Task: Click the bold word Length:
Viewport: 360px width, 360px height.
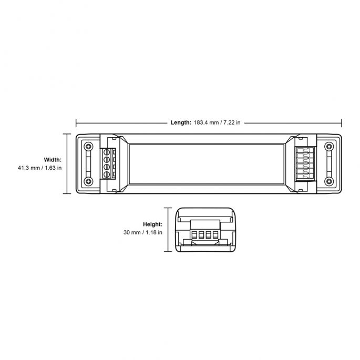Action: [x=181, y=122]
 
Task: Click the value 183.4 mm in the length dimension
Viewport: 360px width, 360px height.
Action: [x=206, y=122]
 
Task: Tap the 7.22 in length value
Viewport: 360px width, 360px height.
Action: [x=232, y=122]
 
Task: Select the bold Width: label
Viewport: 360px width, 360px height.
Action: [x=53, y=160]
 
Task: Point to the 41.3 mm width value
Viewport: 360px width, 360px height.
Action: [x=29, y=168]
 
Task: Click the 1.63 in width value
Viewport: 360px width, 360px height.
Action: [x=53, y=168]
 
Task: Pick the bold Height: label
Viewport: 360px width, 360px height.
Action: [x=152, y=224]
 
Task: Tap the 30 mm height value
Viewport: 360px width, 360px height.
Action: [x=132, y=232]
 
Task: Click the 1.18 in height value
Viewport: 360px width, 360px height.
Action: [x=154, y=232]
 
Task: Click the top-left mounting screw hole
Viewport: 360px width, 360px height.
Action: [x=88, y=147]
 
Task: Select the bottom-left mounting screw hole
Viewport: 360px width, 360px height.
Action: [x=88, y=181]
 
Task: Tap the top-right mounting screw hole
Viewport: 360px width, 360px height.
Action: [x=329, y=147]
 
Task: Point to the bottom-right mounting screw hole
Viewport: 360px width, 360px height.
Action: [x=329, y=181]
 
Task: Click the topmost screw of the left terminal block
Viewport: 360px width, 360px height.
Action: [x=107, y=152]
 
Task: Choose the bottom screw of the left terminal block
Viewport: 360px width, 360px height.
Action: [x=107, y=174]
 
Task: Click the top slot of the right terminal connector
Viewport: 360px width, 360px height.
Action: [x=305, y=150]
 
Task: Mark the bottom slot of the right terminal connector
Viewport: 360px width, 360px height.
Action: [x=305, y=176]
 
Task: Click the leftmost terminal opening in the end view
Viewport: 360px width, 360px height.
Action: [x=194, y=234]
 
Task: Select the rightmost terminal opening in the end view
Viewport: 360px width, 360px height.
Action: [x=215, y=234]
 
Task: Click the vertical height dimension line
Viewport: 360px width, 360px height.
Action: [x=168, y=230]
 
